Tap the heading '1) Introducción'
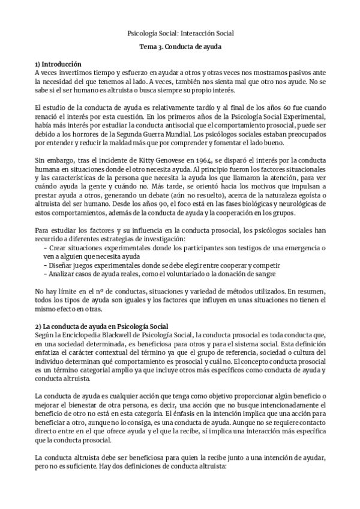[58, 64]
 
